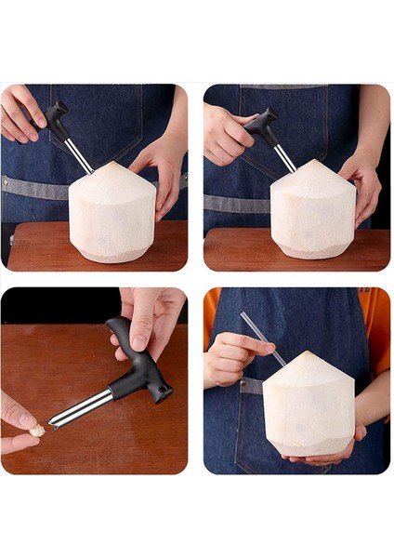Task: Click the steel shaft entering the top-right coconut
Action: pos(284,159)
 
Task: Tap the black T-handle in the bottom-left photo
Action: pos(139,363)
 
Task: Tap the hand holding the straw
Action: pos(229,358)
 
